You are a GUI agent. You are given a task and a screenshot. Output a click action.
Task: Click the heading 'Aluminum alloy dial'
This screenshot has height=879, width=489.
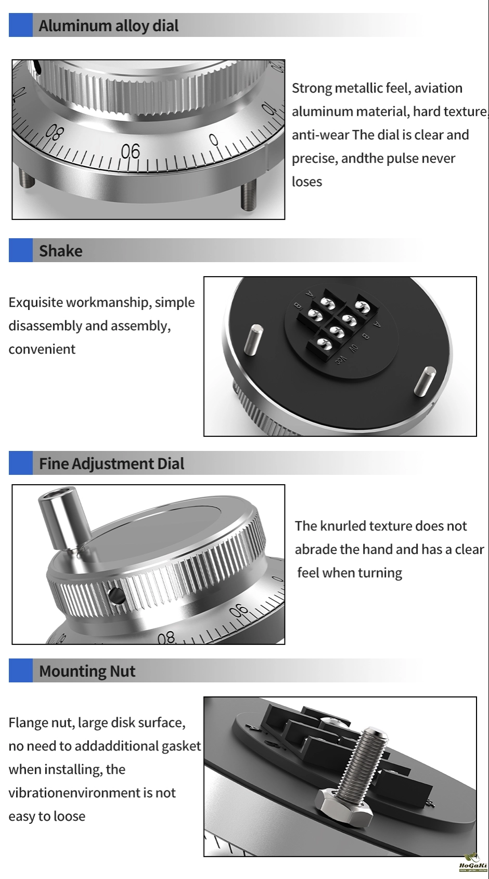108,26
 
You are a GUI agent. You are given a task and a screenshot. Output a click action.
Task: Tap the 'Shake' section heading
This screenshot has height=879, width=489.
61,251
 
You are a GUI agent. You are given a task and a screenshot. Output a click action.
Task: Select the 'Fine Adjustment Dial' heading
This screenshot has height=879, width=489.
111,463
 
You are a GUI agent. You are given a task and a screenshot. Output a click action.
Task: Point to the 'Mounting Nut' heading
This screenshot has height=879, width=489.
87,671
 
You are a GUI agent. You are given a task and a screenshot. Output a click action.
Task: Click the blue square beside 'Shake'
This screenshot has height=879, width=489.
20,250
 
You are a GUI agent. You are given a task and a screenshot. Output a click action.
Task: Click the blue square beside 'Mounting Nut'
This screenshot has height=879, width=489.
20,670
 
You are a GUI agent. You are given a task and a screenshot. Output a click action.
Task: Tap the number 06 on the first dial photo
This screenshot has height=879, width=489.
130,151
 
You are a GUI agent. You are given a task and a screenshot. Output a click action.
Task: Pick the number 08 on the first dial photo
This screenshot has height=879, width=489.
54,133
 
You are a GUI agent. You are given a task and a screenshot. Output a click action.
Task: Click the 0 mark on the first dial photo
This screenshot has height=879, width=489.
213,140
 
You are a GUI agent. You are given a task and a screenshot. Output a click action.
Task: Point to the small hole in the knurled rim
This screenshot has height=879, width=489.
116,596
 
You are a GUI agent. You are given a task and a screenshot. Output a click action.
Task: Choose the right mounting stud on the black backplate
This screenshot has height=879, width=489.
425,380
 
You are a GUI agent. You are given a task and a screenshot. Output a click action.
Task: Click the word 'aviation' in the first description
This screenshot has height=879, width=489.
438,88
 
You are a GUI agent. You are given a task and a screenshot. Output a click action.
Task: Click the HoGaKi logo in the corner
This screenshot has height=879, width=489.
473,863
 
